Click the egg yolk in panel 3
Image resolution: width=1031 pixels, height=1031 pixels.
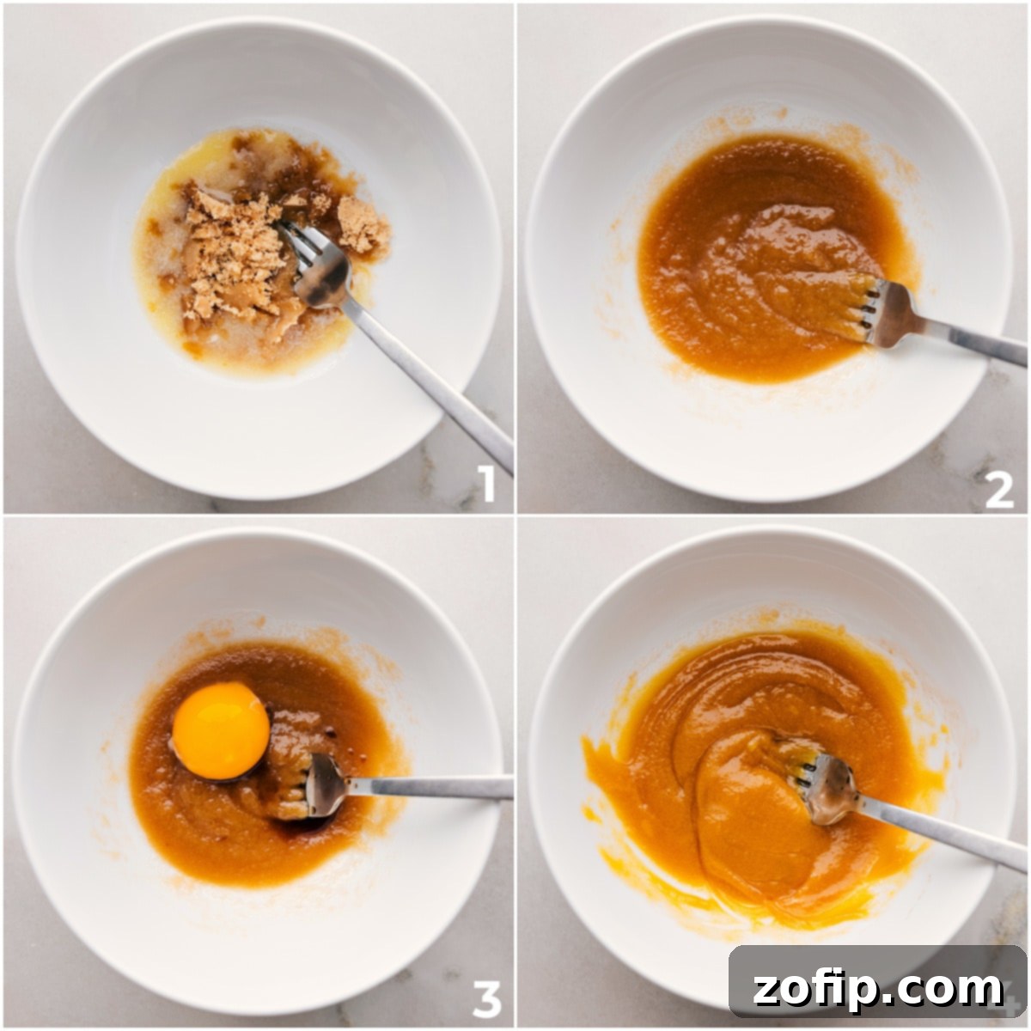[221, 731]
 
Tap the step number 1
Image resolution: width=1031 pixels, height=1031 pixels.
[486, 485]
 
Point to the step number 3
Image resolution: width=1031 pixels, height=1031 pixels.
[486, 999]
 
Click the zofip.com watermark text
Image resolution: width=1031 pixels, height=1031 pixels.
[877, 988]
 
